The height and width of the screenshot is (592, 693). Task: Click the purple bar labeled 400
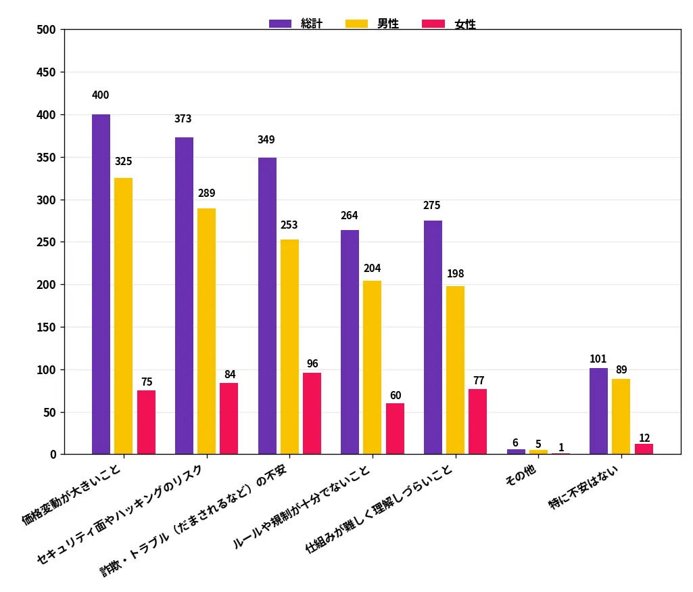(x=101, y=284)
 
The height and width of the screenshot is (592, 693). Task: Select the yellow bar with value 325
(x=123, y=316)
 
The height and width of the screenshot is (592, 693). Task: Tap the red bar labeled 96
(x=312, y=413)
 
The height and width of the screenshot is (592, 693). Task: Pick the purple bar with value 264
(x=350, y=342)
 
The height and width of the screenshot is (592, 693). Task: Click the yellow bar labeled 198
(x=455, y=370)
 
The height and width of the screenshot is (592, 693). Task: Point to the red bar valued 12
(x=644, y=449)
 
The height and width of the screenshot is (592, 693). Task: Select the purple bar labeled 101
(x=598, y=411)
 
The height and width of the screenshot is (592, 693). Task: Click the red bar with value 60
(x=395, y=429)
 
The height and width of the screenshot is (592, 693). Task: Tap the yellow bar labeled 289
(x=206, y=331)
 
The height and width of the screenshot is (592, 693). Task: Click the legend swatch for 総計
(x=280, y=24)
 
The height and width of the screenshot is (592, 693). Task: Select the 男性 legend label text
(x=388, y=24)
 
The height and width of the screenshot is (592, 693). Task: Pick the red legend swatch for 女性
(x=433, y=24)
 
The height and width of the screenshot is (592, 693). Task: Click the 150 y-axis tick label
(x=47, y=327)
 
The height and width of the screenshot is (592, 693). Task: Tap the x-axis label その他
(x=521, y=474)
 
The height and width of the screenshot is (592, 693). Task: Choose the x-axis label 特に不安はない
(x=583, y=487)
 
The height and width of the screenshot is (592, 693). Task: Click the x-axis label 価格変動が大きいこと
(x=72, y=495)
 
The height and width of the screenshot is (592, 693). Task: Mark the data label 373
(x=183, y=118)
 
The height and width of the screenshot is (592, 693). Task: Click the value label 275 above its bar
(x=432, y=205)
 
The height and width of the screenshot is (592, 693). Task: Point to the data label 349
(x=266, y=139)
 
